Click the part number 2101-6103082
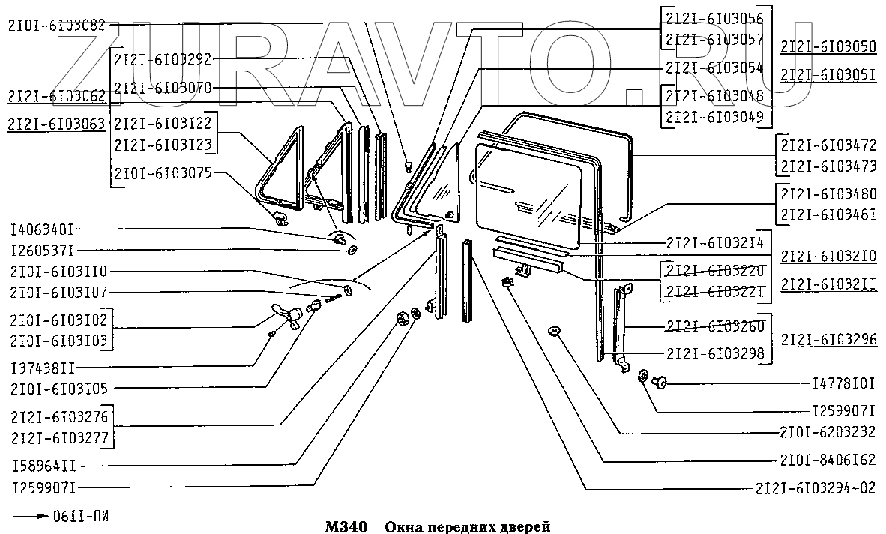tap(57, 25)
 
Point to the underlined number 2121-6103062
tap(57, 95)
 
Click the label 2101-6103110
tap(58, 271)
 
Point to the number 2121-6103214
tap(714, 242)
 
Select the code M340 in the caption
tap(345, 526)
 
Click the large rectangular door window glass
tap(529, 195)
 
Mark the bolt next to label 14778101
tap(660, 383)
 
